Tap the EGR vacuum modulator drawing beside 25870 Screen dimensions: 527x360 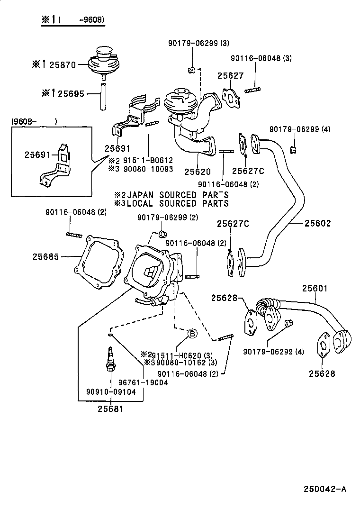click(x=103, y=62)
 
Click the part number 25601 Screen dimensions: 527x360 click(x=315, y=288)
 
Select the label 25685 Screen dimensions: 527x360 click(x=46, y=256)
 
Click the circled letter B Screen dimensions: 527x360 click(x=192, y=334)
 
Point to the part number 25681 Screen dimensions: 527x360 click(x=110, y=409)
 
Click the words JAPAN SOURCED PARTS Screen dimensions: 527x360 click(x=178, y=195)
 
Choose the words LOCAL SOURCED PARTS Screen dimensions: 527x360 click(x=178, y=203)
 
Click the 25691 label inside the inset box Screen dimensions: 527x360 click(x=38, y=154)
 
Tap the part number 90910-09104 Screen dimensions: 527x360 click(x=111, y=392)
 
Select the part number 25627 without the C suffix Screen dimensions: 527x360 click(x=231, y=76)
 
